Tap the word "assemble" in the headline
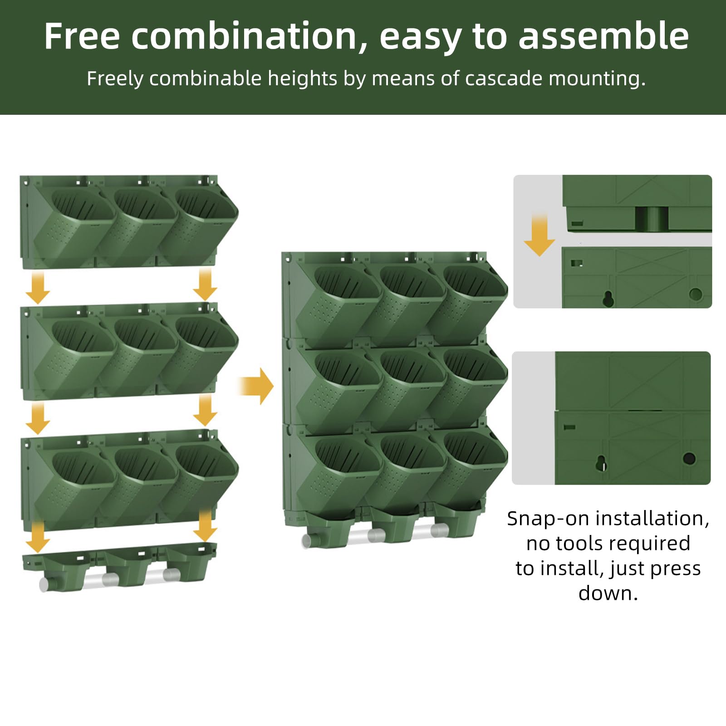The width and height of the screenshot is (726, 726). pyautogui.click(x=604, y=36)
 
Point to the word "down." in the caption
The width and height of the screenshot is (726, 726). pyautogui.click(x=608, y=593)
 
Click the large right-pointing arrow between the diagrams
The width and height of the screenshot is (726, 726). pyautogui.click(x=256, y=386)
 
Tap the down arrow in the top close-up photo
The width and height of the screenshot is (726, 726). pyautogui.click(x=540, y=235)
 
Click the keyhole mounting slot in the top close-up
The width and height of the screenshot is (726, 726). pyautogui.click(x=608, y=298)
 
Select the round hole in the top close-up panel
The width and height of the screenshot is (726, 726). pyautogui.click(x=695, y=294)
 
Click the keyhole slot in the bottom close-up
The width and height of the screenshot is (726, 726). pyautogui.click(x=601, y=463)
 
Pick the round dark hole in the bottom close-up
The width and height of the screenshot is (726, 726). pyautogui.click(x=689, y=458)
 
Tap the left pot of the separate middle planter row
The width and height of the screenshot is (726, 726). pyautogui.click(x=75, y=354)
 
